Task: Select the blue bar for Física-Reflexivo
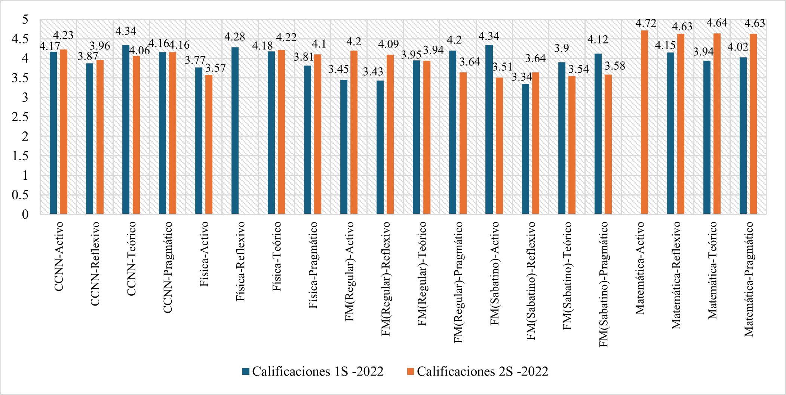point(235,131)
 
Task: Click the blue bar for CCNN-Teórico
point(126,130)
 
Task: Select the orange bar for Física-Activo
point(209,145)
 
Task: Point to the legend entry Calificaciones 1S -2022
point(313,371)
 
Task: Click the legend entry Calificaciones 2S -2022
point(478,371)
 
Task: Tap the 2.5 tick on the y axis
point(20,117)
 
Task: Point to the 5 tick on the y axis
point(25,19)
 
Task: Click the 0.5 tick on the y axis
point(20,195)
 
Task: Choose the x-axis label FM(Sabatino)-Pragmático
point(604,284)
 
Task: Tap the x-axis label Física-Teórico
point(277,256)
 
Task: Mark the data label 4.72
point(646,23)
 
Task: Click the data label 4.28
point(234,37)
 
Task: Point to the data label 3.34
point(522,77)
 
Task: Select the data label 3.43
point(373,71)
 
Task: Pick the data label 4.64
point(716,23)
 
